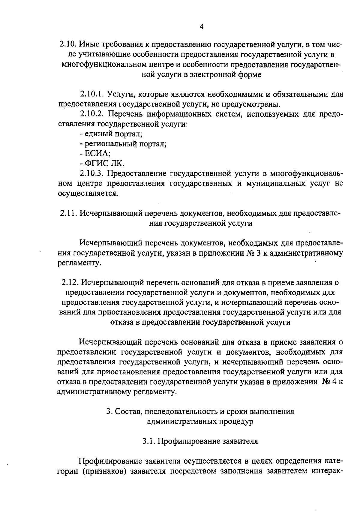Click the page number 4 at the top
[202, 27]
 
